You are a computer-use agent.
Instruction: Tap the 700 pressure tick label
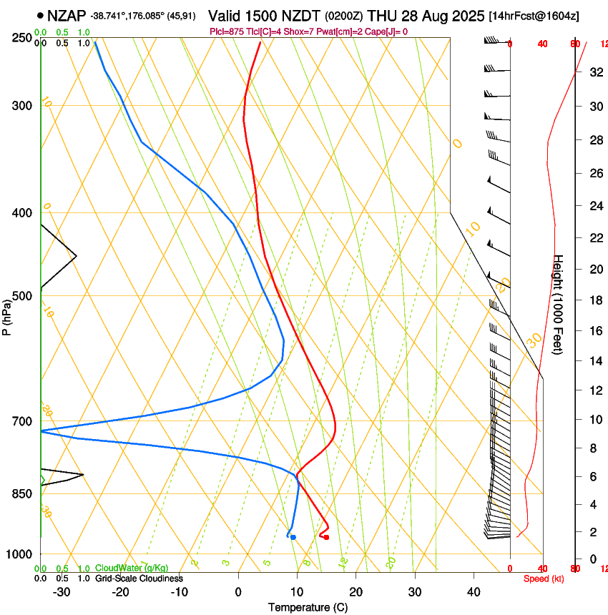tap(22, 421)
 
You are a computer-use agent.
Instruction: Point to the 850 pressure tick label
tap(22, 494)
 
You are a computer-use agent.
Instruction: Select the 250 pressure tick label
tap(22, 37)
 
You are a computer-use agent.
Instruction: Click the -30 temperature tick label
tap(62, 592)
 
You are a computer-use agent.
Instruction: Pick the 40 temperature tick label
tap(474, 592)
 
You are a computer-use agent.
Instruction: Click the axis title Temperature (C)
tap(308, 607)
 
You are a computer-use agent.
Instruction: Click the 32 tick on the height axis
tap(595, 72)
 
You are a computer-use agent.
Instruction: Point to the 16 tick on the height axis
tap(595, 331)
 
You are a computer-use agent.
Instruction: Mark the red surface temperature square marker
tap(326, 537)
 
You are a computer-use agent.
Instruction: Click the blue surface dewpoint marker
tap(293, 537)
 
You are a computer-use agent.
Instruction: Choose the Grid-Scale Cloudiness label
tap(139, 579)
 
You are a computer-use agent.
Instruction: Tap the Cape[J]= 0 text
tap(389, 31)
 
